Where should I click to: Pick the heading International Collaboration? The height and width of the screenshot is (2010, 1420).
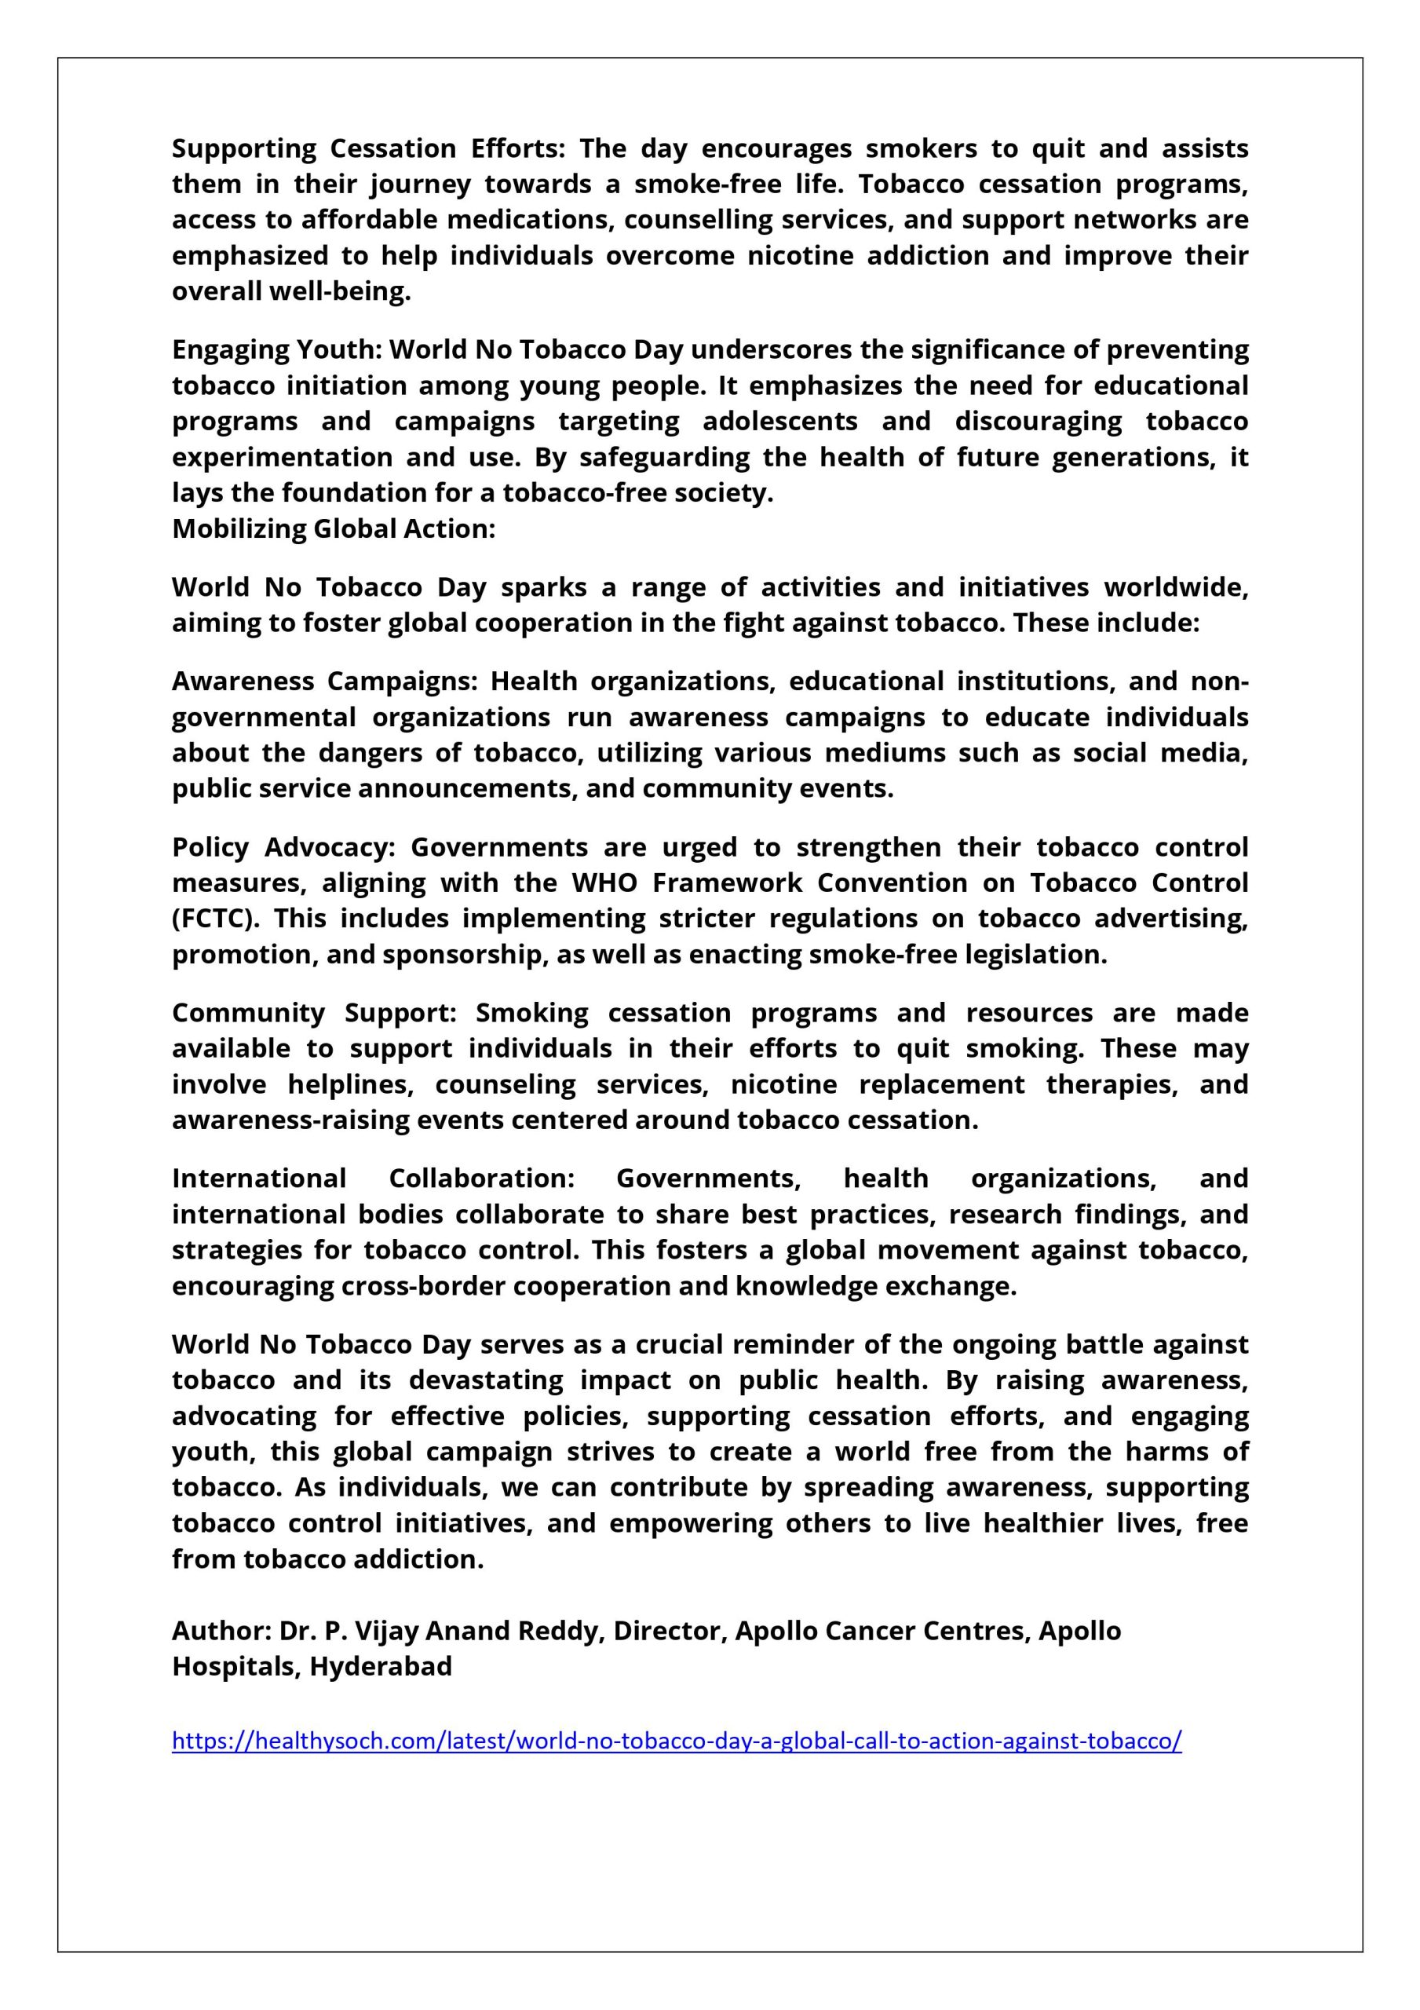coord(373,1179)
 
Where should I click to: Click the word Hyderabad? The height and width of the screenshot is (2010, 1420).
coord(381,1666)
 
